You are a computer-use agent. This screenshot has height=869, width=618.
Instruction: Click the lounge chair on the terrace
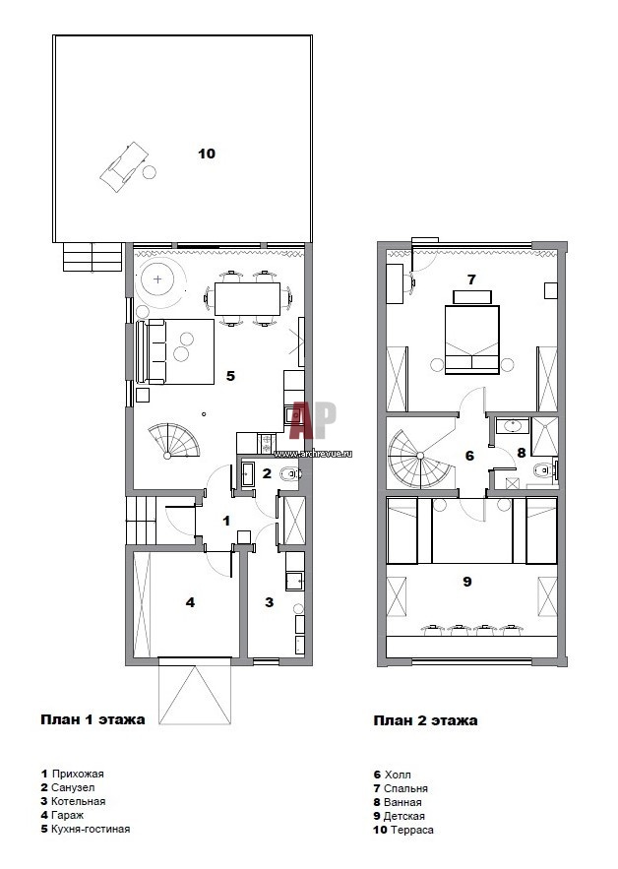pyautogui.click(x=125, y=167)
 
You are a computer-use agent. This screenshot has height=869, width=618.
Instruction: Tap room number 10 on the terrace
pyautogui.click(x=207, y=154)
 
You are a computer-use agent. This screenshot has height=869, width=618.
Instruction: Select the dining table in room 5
pyautogui.click(x=247, y=299)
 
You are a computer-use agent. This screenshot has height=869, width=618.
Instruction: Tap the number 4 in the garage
pyautogui.click(x=190, y=602)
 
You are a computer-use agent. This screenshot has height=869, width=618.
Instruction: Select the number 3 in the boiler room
pyautogui.click(x=270, y=602)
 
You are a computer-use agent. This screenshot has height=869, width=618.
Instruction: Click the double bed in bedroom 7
pyautogui.click(x=472, y=340)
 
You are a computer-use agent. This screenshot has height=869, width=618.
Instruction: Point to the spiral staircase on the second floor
pyautogui.click(x=420, y=460)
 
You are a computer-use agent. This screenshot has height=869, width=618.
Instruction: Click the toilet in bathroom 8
pyautogui.click(x=543, y=470)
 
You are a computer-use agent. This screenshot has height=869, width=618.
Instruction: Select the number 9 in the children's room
pyautogui.click(x=467, y=582)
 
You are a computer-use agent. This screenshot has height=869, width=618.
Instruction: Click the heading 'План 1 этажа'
pyautogui.click(x=93, y=720)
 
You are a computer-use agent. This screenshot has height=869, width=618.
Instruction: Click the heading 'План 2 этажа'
pyautogui.click(x=425, y=720)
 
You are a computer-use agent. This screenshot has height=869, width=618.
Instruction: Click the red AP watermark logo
pyautogui.click(x=313, y=419)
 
